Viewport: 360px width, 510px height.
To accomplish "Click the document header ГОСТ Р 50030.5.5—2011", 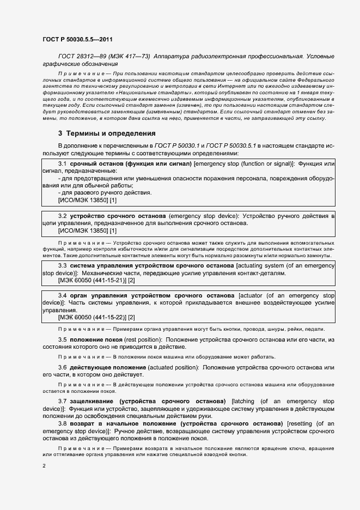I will tap(77, 39).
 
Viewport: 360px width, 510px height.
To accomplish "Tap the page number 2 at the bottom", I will tap(44, 466).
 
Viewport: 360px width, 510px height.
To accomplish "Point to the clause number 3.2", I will tap(62, 216).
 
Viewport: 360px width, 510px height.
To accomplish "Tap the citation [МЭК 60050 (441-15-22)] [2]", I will tap(96, 317).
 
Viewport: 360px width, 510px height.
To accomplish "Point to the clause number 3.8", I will tap(62, 423).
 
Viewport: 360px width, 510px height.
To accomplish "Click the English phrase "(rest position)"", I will tap(142, 339).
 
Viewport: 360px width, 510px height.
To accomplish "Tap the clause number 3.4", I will tap(62, 295).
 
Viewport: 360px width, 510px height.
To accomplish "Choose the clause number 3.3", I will tap(62, 265).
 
